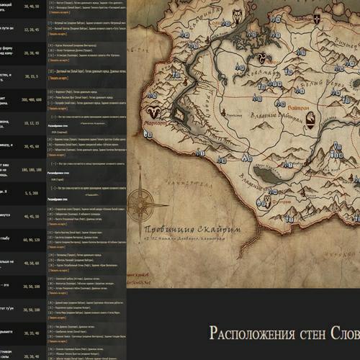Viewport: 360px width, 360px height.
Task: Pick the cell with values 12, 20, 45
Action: point(32,30)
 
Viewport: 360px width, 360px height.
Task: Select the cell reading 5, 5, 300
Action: point(32,193)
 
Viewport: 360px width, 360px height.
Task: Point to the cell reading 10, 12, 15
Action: point(32,123)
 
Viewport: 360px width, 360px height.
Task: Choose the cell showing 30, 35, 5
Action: point(32,76)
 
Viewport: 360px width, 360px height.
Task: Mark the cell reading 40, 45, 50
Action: point(32,217)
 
